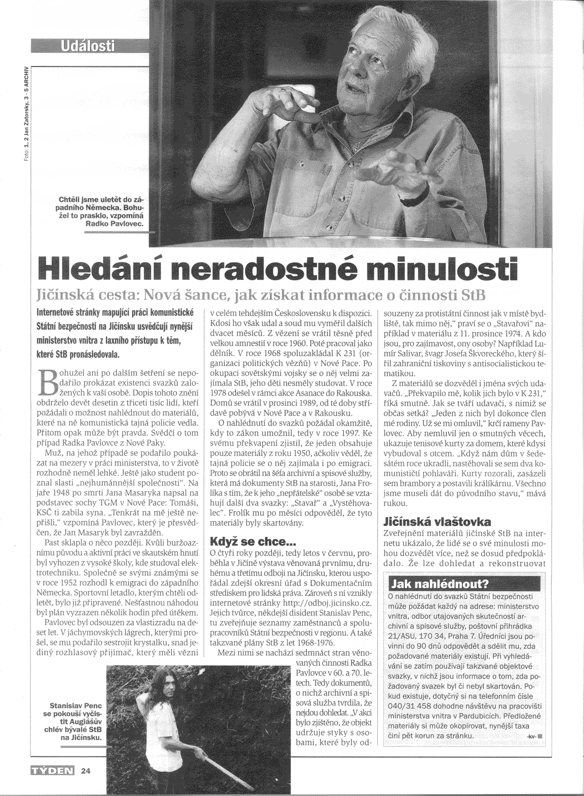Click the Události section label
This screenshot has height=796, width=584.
click(x=88, y=46)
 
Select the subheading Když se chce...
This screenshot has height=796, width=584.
click(x=246, y=541)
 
